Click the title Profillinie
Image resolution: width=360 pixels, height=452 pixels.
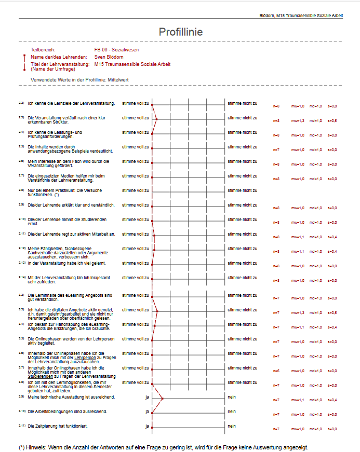click(x=180, y=32)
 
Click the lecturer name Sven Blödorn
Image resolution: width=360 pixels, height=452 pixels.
click(x=109, y=57)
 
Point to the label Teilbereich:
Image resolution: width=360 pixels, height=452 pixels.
click(x=43, y=49)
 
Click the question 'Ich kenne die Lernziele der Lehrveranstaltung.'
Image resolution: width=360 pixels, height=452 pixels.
click(x=71, y=103)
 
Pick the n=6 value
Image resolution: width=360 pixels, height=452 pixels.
click(x=277, y=371)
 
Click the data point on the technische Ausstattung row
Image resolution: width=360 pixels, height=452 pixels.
click(x=163, y=399)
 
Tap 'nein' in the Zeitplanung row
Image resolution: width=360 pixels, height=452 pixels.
click(x=231, y=426)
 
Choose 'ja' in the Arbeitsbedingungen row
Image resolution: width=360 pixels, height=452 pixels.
click(x=147, y=412)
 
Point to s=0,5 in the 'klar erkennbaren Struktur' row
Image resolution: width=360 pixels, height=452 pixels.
click(x=332, y=121)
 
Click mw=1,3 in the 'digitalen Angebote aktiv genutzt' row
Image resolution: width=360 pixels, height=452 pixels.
click(x=298, y=313)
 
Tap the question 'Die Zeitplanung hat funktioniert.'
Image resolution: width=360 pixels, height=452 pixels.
click(x=57, y=426)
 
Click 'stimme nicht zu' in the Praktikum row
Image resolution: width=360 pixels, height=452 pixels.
click(x=243, y=190)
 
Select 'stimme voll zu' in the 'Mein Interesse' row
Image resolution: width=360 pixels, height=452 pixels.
click(x=135, y=161)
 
